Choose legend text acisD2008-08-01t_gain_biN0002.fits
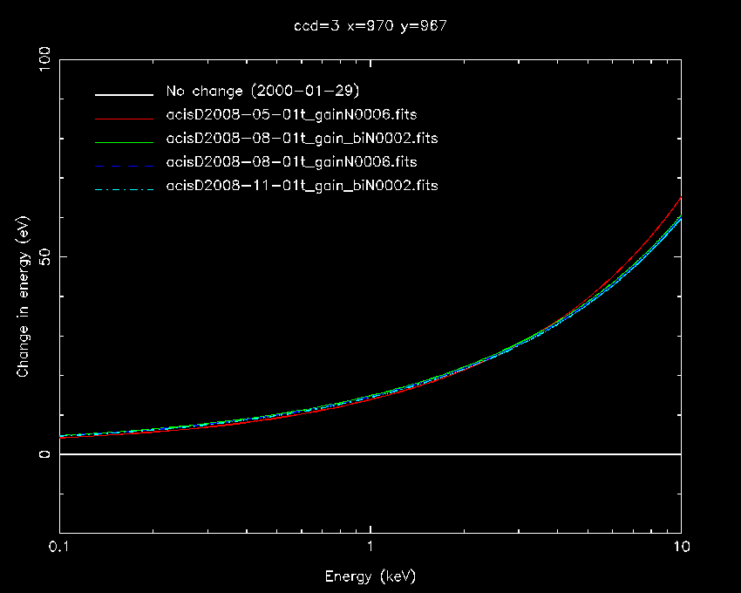coord(302,139)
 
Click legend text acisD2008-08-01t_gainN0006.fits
coord(291,162)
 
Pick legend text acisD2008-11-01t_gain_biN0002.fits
coord(302,186)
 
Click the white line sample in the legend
coord(125,92)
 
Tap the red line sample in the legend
coord(125,115)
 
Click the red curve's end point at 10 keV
coord(680,197)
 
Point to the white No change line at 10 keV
coord(679,454)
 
